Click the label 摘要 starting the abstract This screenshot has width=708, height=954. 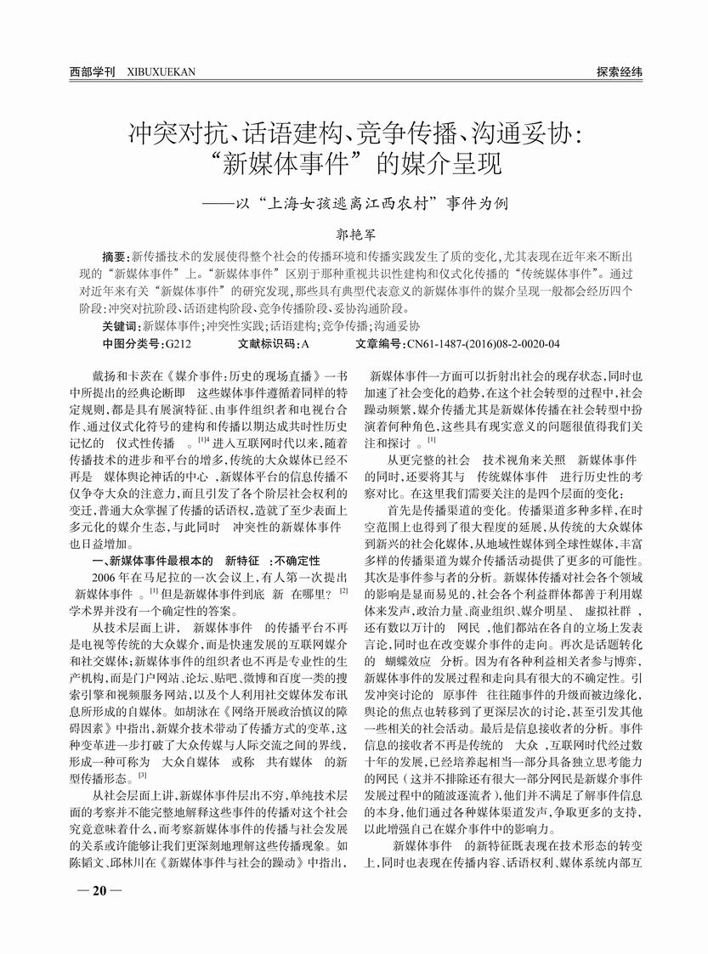pos(113,257)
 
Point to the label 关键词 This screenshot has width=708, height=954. pos(118,326)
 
